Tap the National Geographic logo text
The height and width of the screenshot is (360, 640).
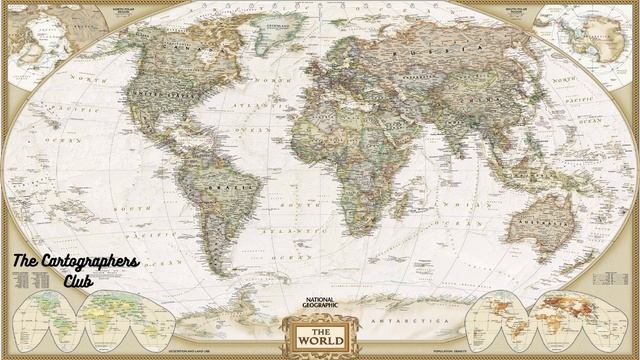click(319, 302)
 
